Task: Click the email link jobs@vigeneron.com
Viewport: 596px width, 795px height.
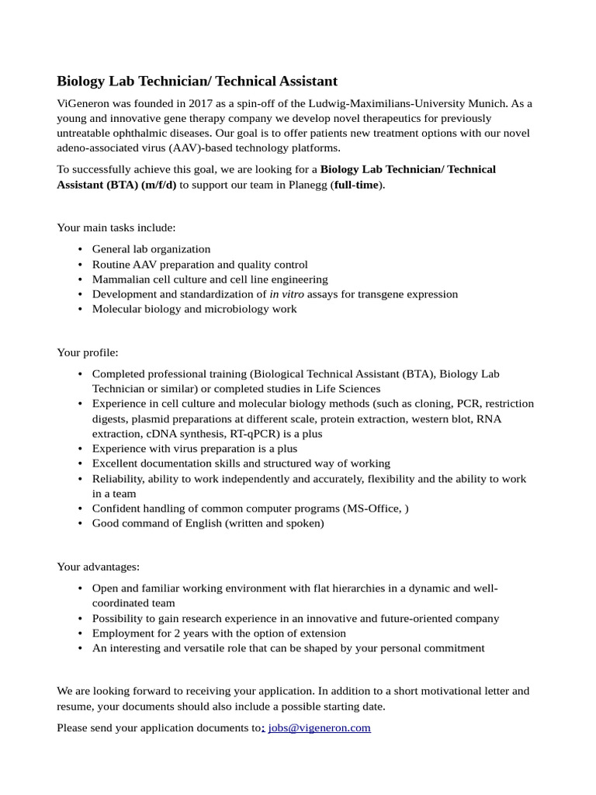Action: coord(319,727)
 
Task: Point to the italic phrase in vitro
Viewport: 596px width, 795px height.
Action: coord(286,294)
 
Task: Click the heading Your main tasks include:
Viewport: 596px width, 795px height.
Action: coord(116,227)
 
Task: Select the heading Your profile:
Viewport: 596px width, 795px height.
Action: coord(88,352)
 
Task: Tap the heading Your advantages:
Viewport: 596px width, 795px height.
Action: coord(99,567)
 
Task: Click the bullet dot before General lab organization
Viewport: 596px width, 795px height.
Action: coord(81,249)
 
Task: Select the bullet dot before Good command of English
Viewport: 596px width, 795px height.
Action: coord(81,523)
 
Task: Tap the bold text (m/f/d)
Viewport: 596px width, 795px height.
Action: coord(158,185)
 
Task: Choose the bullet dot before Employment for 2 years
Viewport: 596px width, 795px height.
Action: coord(81,634)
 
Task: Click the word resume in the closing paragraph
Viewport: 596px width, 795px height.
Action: coord(75,706)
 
